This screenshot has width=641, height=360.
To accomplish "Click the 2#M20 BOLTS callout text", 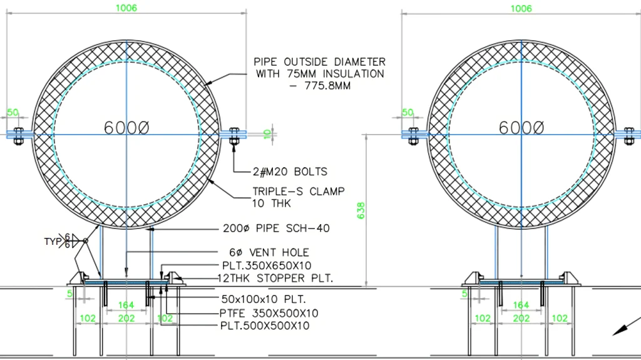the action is click(x=290, y=172).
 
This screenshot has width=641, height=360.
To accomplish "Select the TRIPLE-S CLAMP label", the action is click(x=299, y=192).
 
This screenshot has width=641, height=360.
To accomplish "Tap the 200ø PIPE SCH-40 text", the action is click(x=276, y=229).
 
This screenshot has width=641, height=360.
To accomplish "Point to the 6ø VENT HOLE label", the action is click(x=269, y=252).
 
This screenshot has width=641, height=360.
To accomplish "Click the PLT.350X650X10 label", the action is click(x=267, y=265).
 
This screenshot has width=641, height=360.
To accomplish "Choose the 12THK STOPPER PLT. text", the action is click(x=275, y=278).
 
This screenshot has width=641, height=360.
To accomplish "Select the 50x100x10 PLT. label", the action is click(x=264, y=299).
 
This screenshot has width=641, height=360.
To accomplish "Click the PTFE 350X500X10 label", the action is click(x=269, y=314).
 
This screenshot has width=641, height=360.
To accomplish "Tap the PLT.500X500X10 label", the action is click(x=265, y=326).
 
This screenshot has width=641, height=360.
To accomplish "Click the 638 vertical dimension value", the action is click(x=361, y=210).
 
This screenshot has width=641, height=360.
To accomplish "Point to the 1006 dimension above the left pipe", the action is click(x=126, y=8).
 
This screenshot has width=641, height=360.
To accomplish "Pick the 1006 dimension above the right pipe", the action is click(x=521, y=8).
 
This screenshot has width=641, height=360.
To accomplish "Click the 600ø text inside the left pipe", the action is click(x=126, y=128).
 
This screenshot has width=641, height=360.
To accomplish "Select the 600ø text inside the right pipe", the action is click(x=521, y=128).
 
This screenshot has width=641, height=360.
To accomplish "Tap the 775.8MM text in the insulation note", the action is click(x=327, y=86).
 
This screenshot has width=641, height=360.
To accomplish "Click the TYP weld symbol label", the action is click(x=53, y=242).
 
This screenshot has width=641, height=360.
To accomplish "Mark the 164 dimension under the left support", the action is click(x=126, y=305).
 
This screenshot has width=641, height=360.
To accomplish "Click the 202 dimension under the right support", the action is click(x=521, y=318).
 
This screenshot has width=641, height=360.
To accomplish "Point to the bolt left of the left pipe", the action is click(x=18, y=136).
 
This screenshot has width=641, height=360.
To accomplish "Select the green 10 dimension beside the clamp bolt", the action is click(x=267, y=134).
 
